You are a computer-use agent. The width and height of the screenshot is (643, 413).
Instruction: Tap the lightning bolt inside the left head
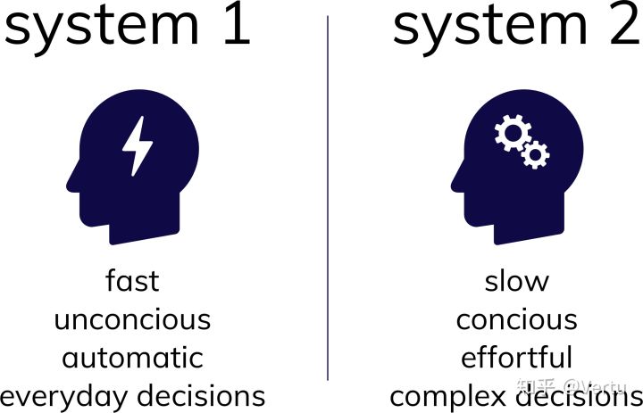pos(137,145)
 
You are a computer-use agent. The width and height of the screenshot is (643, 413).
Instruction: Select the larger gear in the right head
pos(513,135)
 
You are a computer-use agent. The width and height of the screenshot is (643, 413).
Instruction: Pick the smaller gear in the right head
pos(536,155)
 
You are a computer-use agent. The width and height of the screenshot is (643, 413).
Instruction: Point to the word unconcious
pos(132,318)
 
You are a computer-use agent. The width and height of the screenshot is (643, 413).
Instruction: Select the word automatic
pos(132,358)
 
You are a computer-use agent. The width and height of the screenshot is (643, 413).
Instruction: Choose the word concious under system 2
pos(516,318)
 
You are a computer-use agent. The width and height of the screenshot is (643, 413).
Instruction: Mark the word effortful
pos(516,358)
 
